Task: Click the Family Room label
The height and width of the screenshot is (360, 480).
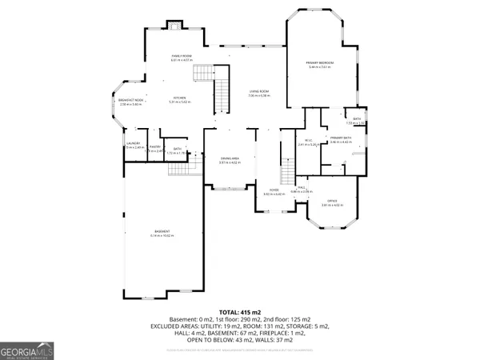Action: coord(181,56)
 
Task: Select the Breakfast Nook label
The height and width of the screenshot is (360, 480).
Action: coord(130,101)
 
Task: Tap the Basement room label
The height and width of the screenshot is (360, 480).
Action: coord(162,234)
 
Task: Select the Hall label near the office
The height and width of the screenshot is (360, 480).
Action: coord(303,190)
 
